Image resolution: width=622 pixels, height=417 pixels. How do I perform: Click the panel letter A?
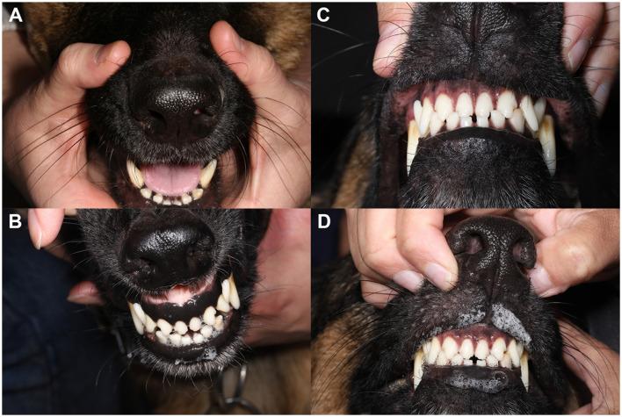tap(15, 15)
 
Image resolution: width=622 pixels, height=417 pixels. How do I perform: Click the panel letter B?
tap(15, 221)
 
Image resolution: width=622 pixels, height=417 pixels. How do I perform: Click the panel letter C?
tap(323, 15)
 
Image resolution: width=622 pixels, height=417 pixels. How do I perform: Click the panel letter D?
tap(323, 221)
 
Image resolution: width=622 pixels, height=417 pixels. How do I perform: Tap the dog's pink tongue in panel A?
tap(171, 178)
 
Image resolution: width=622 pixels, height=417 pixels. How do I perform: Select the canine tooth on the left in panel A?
tap(135, 174)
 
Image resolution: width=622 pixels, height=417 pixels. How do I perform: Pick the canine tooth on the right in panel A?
tap(208, 173)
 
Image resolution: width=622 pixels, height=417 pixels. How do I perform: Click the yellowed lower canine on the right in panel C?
tap(548, 143)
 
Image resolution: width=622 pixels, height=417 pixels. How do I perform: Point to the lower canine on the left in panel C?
tap(413, 146)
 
